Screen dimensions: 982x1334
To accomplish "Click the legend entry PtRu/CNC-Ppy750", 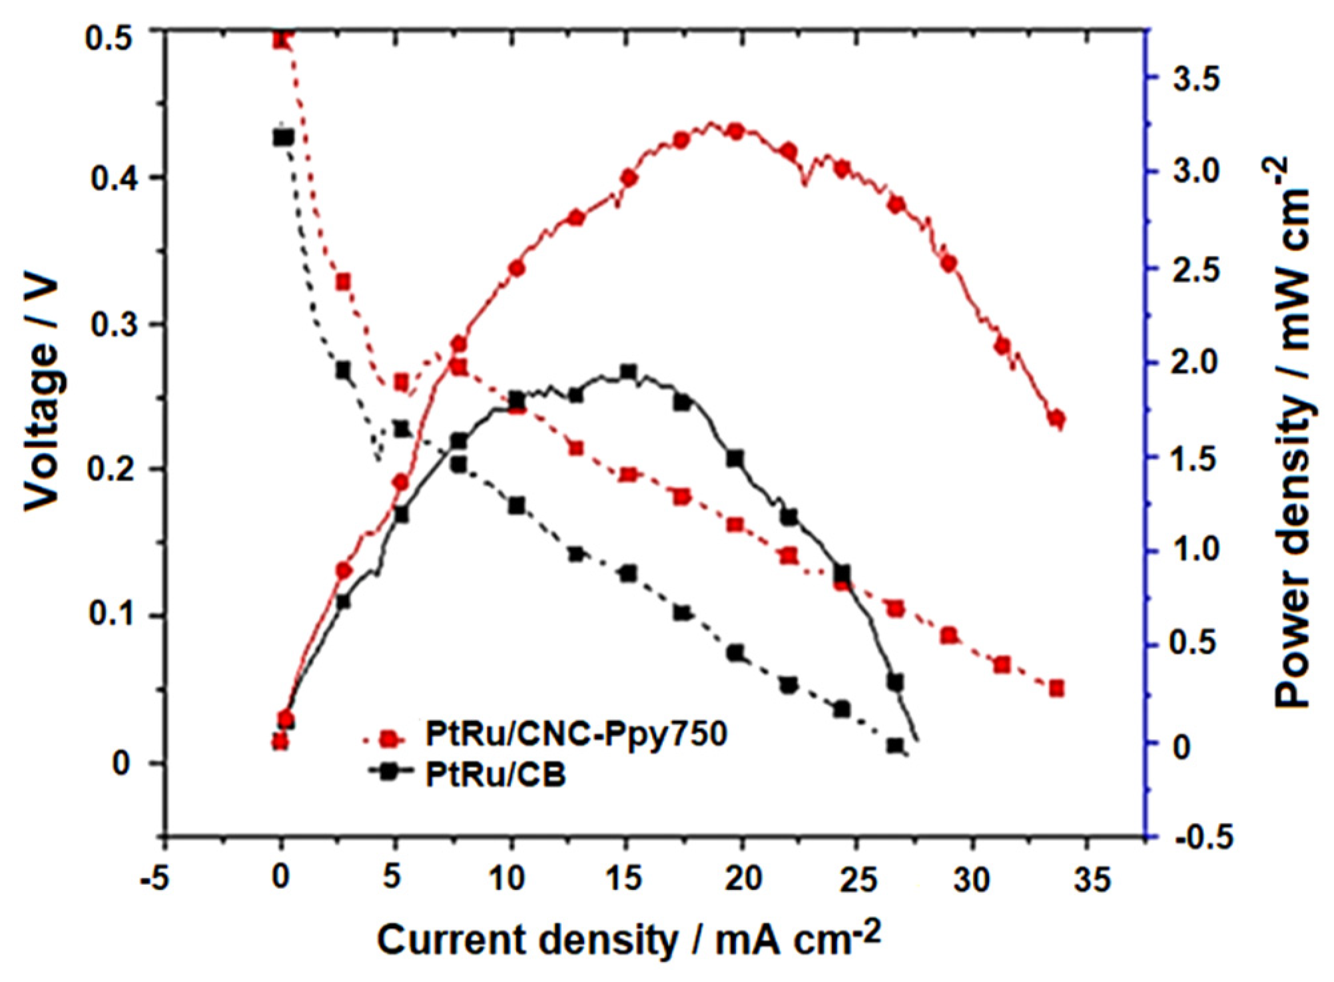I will pos(575,734).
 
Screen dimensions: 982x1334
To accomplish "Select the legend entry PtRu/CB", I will pos(496,775).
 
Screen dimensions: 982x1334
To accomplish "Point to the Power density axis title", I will pos(1291,433).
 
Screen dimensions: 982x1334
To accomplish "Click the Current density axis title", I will pos(628,940).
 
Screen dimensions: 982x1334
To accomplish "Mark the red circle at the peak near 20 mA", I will pos(735,131).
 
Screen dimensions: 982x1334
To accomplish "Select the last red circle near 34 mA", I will pos(1056,418).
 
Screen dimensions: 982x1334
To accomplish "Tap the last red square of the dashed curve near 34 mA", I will pos(1056,688).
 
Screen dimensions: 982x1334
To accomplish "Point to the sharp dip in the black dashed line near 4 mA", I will pos(378,459).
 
